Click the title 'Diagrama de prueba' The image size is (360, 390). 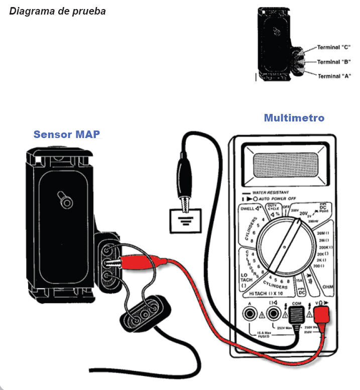(x=57, y=11)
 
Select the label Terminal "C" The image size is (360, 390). (x=333, y=48)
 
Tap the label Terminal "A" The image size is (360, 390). (x=333, y=76)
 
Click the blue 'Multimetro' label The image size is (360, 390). (x=294, y=118)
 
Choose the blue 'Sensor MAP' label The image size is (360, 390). (x=67, y=135)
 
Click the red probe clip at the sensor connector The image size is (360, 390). (x=151, y=262)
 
